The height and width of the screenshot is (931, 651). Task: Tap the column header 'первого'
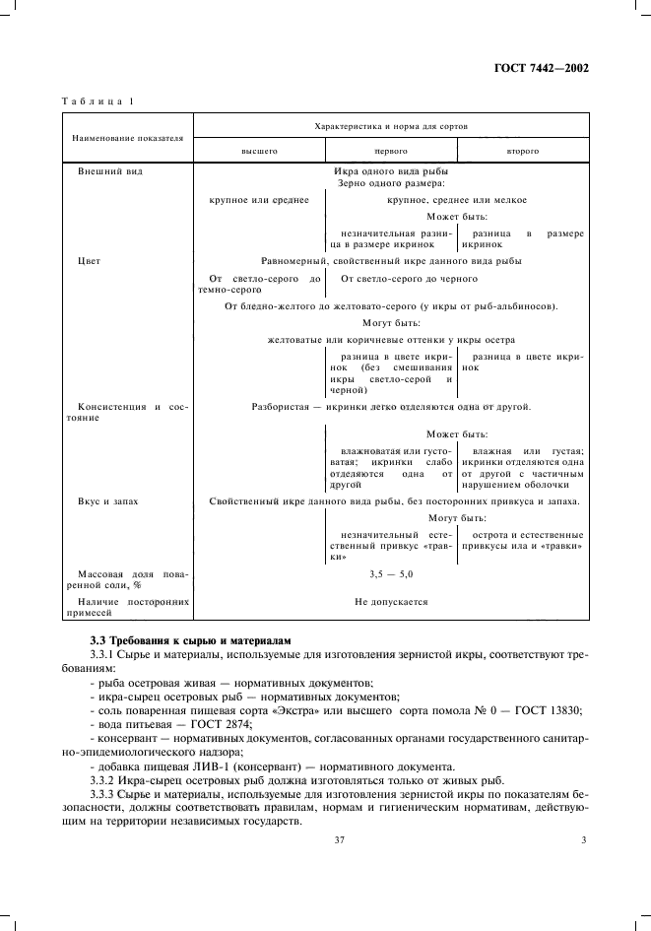pyautogui.click(x=391, y=151)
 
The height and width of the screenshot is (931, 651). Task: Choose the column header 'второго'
pyautogui.click(x=522, y=151)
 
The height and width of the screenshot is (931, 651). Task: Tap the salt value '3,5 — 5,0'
pyautogui.click(x=390, y=573)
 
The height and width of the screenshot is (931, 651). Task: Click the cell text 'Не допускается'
pyautogui.click(x=391, y=600)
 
